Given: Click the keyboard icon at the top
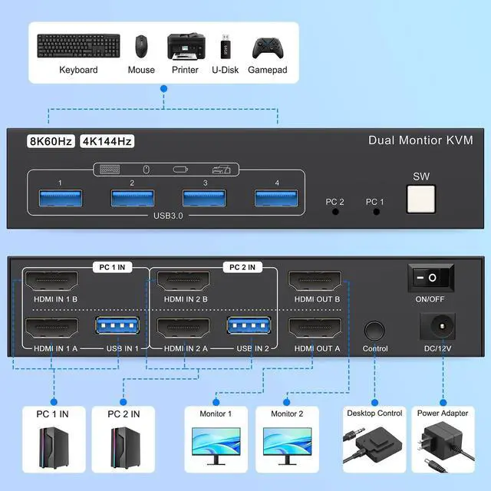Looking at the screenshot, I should point(78,46).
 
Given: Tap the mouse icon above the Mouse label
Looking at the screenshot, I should point(141,46).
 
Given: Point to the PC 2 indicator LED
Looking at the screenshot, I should point(334,211).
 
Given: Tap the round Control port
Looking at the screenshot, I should point(375,331).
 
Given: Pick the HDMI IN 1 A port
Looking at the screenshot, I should point(53,331).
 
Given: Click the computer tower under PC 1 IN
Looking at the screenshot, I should point(53,448).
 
